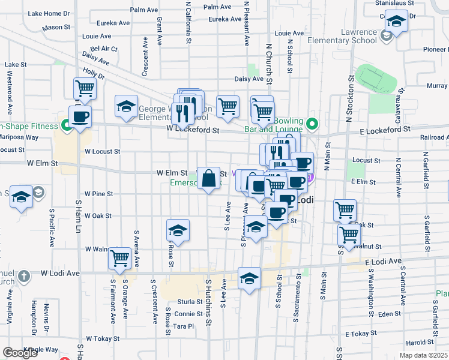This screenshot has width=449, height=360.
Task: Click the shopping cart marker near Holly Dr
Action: (85, 89)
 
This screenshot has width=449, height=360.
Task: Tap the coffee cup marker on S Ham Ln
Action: (80, 116)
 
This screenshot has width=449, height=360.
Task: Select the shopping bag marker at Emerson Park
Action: (208, 178)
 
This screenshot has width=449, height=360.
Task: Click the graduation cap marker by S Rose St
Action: (178, 231)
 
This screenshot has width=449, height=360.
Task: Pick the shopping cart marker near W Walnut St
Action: (119, 259)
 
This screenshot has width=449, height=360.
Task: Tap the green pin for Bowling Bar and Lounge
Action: (312, 125)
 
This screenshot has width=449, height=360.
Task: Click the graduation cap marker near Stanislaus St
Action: (396, 22)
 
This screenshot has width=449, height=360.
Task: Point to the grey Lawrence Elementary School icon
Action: (385, 34)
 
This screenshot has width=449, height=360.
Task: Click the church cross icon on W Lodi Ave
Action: (23, 277)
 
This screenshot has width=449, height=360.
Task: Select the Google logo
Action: (20, 353)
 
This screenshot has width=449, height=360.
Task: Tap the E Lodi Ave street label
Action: (382, 262)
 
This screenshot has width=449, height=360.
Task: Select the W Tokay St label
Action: (103, 338)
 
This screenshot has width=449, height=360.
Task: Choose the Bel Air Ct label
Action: (104, 49)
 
